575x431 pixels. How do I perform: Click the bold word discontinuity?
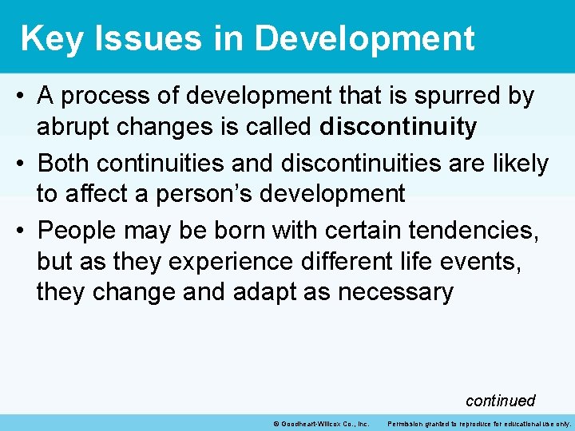(x=398, y=127)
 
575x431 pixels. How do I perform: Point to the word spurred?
(x=458, y=97)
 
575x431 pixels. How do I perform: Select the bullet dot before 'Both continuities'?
(x=22, y=164)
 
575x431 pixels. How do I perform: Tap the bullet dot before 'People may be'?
(x=22, y=231)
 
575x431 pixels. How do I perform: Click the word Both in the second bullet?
(x=65, y=164)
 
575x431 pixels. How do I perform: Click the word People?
(x=82, y=231)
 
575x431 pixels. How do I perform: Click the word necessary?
(x=395, y=291)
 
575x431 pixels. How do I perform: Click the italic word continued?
(x=500, y=400)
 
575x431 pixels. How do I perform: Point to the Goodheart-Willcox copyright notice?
(x=319, y=423)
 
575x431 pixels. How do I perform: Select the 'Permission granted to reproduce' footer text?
(x=478, y=423)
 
